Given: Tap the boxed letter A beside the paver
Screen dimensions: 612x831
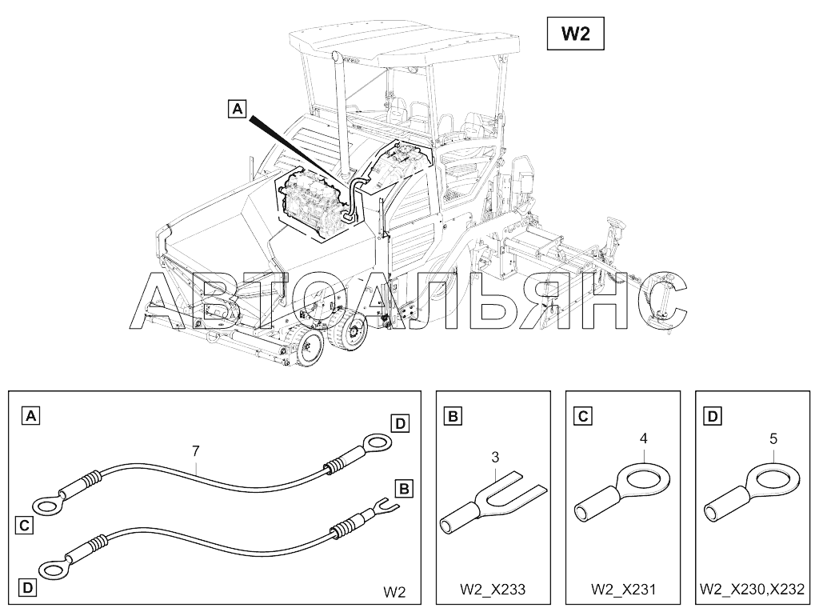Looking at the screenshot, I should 237,108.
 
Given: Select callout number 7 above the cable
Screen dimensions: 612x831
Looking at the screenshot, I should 196,452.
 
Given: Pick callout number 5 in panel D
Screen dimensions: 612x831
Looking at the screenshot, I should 773,438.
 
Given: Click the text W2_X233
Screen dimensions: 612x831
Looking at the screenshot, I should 493,590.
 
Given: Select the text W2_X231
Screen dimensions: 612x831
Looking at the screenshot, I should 623,590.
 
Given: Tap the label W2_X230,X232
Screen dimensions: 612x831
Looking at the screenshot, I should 752,590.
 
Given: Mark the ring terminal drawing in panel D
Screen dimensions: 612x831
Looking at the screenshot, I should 756,492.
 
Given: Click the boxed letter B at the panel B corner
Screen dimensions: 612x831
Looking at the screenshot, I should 453,416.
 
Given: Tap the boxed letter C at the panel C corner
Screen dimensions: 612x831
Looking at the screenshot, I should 583,416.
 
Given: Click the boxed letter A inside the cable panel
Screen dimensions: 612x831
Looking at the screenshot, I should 30,415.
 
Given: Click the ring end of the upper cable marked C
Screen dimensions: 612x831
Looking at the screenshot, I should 46,504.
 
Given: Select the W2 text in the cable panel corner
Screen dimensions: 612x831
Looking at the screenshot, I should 394,593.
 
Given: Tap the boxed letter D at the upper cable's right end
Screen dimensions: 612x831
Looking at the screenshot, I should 400,423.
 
